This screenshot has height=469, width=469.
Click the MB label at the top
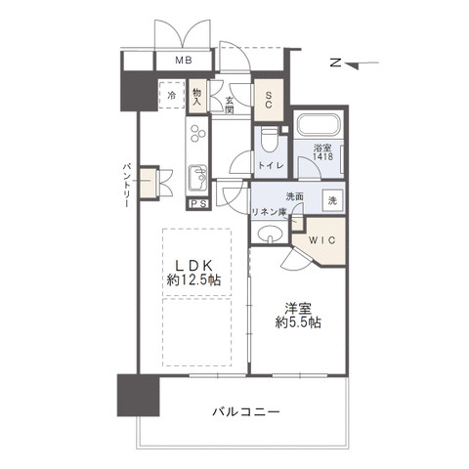[x=183, y=62]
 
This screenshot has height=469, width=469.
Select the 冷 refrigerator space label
[x=171, y=96]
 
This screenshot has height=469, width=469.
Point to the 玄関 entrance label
[x=229, y=105]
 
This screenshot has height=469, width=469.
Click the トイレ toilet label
[x=272, y=166]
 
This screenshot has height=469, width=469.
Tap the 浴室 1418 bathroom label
[x=322, y=152]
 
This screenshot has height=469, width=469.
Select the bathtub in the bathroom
[x=318, y=125]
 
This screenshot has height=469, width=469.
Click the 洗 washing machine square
[x=331, y=200]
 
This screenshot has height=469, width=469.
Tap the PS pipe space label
[x=198, y=203]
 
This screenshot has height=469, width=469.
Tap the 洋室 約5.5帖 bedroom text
[x=298, y=315]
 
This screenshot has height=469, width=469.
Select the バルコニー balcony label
[x=246, y=411]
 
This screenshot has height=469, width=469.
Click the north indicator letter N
[x=334, y=64]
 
